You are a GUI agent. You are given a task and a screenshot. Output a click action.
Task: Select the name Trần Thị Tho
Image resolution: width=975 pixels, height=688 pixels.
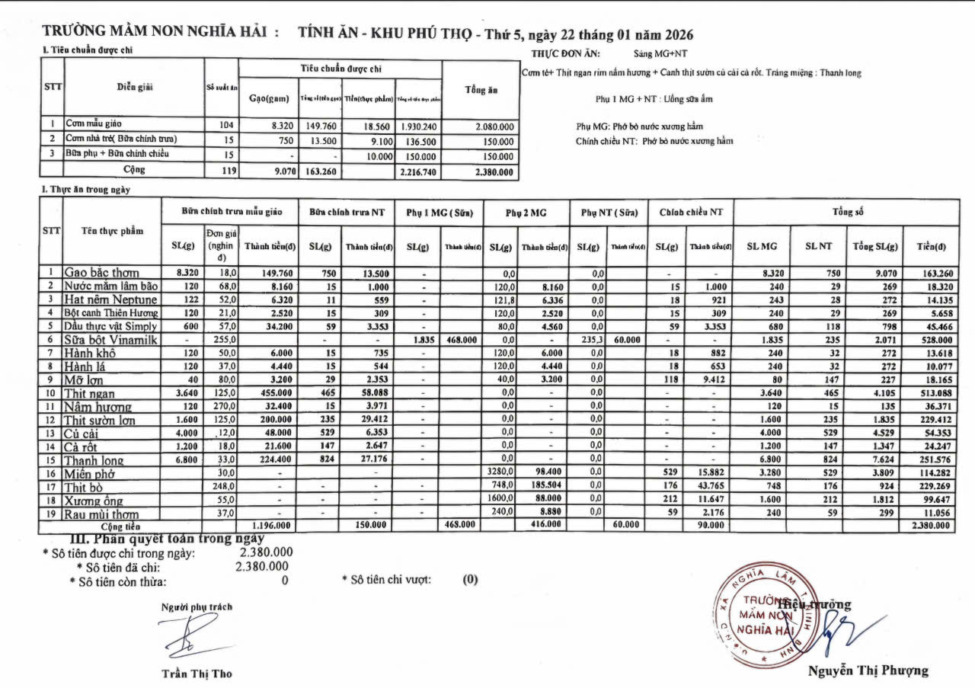pyautogui.click(x=197, y=674)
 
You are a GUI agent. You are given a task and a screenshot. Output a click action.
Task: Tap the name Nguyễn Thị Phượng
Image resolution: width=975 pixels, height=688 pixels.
pyautogui.click(x=868, y=670)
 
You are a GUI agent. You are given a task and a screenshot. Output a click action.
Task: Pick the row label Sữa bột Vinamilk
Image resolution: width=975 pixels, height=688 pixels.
pyautogui.click(x=111, y=340)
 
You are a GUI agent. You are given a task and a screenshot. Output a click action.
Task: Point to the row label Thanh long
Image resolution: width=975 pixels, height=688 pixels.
pyautogui.click(x=94, y=461)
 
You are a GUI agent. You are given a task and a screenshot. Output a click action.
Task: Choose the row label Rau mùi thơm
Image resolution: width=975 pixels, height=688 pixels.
pyautogui.click(x=101, y=514)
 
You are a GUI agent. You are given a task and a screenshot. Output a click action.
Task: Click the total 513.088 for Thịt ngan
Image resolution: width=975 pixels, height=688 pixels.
pyautogui.click(x=932, y=393)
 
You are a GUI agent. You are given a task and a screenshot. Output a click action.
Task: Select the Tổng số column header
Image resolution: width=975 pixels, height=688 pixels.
pyautogui.click(x=846, y=213)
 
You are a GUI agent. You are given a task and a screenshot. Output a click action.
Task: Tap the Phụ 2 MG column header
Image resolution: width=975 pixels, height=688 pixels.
pyautogui.click(x=526, y=213)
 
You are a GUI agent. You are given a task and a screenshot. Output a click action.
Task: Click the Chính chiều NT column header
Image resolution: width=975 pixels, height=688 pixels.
pyautogui.click(x=690, y=213)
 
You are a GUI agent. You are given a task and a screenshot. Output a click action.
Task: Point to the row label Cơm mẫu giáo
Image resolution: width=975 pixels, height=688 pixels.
pyautogui.click(x=94, y=123)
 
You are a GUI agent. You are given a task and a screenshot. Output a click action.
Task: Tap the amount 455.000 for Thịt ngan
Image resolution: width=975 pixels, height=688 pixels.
pyautogui.click(x=271, y=393)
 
